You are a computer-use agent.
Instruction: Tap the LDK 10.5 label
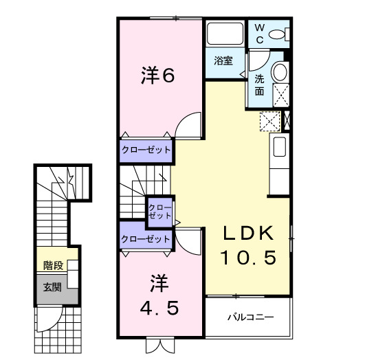[x=248, y=245]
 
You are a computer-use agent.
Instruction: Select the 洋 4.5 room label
[x=159, y=295]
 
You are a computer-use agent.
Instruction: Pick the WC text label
[x=260, y=34]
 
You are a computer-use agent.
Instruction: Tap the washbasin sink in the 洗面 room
[x=280, y=72]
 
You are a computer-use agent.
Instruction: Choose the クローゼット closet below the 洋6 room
[x=146, y=149]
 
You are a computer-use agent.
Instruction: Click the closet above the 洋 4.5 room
[x=145, y=238]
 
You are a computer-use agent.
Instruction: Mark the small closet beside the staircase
[x=160, y=211]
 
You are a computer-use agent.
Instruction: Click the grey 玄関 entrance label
[x=52, y=286]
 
